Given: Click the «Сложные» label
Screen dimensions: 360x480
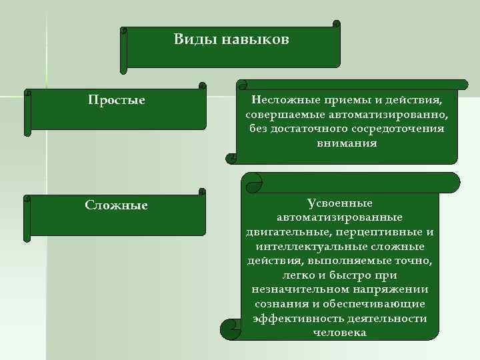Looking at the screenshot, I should click(117, 205).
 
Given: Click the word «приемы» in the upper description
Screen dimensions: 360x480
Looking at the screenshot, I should click(343, 100).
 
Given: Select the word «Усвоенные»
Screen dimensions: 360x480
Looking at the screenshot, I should click(340, 202).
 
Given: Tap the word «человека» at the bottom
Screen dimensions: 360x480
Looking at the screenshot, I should click(339, 333).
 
